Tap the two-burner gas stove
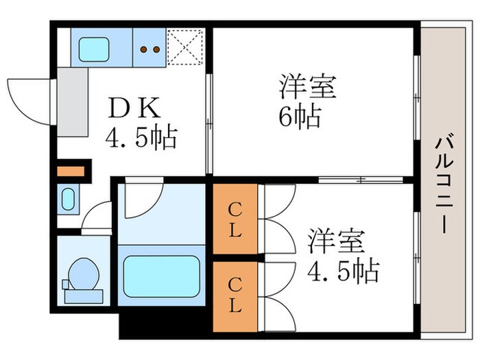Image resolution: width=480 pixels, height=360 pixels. pos(149,48)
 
